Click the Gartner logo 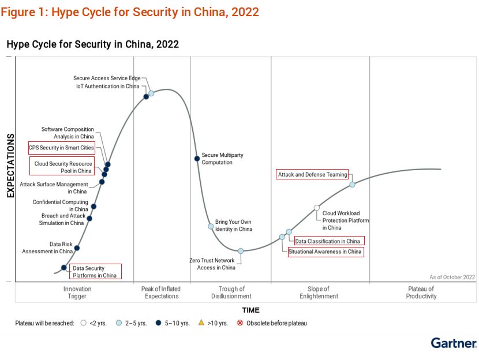click(454, 343)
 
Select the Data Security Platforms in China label click(95, 272)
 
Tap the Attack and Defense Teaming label click(312, 174)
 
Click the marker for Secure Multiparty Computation click(197, 158)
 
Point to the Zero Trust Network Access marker click(241, 251)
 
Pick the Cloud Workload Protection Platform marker click(317, 208)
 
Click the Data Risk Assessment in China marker click(77, 248)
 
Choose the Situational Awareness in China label click(325, 252)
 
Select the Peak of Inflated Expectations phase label click(161, 292)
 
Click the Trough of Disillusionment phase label click(231, 292)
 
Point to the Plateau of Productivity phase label click(421, 292)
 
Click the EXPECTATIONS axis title click(10, 166)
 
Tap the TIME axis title click(250, 310)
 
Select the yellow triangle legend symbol click(201, 323)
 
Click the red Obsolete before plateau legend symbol click(240, 323)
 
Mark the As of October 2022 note click(452, 277)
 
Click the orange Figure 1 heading click(130, 12)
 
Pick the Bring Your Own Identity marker click(211, 226)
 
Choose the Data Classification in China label click(328, 241)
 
